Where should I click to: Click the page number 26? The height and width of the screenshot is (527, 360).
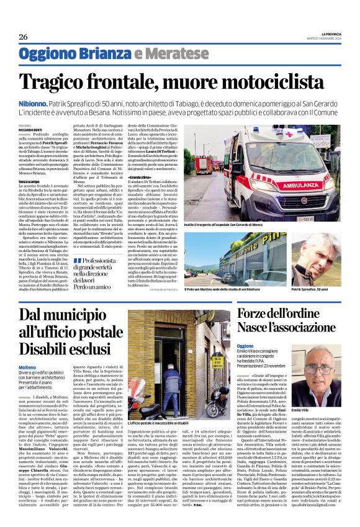(23, 36)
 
